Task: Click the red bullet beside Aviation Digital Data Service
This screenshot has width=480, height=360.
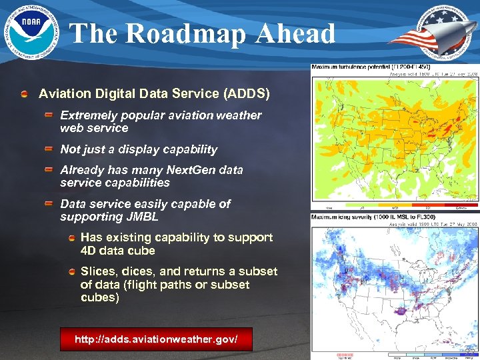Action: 25,94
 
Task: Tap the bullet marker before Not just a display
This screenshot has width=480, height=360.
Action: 49,149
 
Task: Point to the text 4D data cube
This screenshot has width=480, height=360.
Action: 118,251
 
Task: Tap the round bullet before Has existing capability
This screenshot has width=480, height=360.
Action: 71,237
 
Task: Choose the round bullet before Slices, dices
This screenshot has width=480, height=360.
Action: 71,271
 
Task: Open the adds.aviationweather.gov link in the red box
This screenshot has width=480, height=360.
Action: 156,340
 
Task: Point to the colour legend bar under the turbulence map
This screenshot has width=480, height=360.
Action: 394,204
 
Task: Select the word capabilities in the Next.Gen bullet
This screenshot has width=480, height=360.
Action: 137,183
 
